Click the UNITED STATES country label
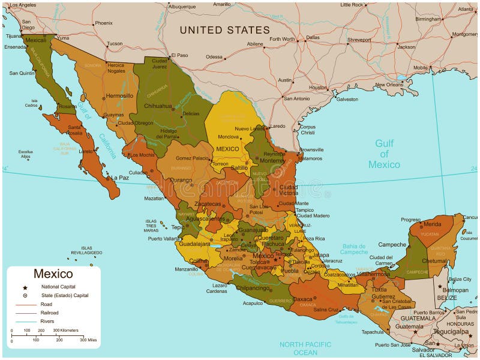pyautogui.click(x=224, y=30)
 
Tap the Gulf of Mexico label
pyautogui.click(x=384, y=154)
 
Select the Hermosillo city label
pyautogui.click(x=119, y=96)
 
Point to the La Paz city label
pyautogui.click(x=120, y=178)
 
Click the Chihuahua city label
pyautogui.click(x=158, y=106)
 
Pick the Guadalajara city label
pyautogui.click(x=194, y=244)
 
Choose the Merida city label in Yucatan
pyautogui.click(x=432, y=224)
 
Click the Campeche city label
pyautogui.click(x=392, y=245)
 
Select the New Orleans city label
pyautogui.click(x=389, y=85)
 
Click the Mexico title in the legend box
pyautogui.click(x=53, y=274)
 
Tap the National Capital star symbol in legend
pyautogui.click(x=25, y=287)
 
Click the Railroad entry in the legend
pyautogui.click(x=50, y=313)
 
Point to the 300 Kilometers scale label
pyautogui.click(x=65, y=331)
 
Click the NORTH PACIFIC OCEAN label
pyautogui.click(x=305, y=349)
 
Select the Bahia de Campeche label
pyautogui.click(x=354, y=249)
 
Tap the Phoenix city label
pyautogui.click(x=103, y=23)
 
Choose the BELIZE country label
pyautogui.click(x=446, y=298)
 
